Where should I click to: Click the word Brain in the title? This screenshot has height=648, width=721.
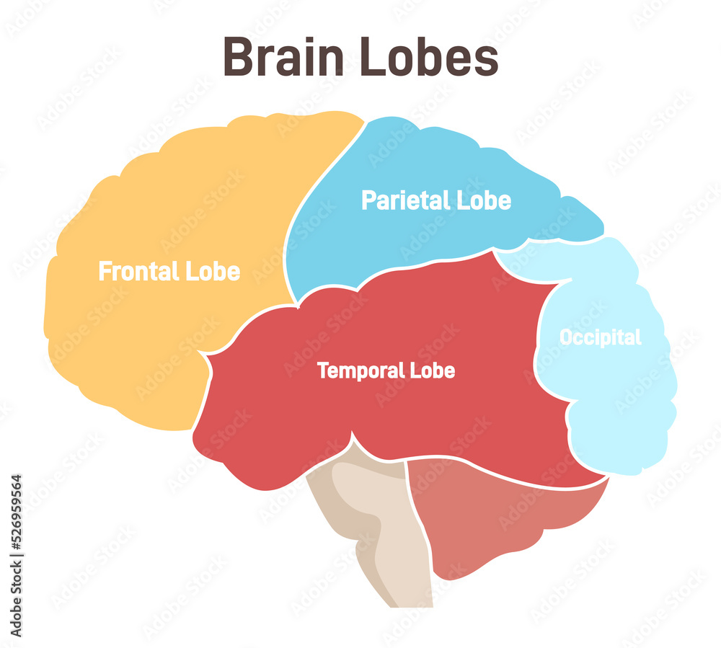283,58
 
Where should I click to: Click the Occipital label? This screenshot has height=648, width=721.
600,337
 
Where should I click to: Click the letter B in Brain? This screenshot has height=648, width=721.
237,58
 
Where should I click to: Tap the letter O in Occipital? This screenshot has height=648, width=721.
567,337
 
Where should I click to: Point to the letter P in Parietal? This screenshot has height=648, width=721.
369,200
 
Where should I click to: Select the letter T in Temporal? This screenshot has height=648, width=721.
323,371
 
